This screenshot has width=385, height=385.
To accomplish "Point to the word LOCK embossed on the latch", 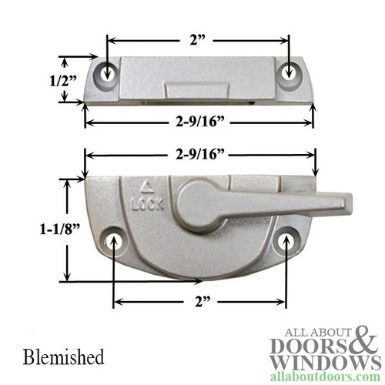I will [x=147, y=204].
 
